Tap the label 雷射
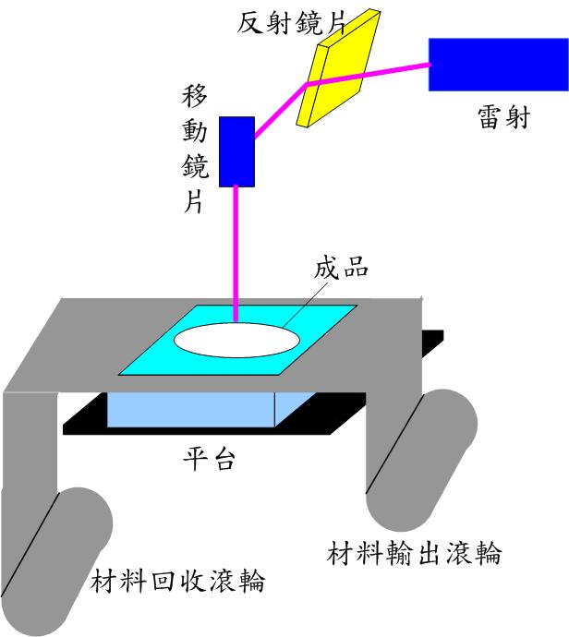(504, 118)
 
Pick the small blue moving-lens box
(236, 150)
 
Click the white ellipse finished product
(237, 338)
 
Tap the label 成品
(342, 269)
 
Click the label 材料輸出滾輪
(415, 554)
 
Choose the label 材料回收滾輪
(178, 583)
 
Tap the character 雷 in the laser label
(490, 118)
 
